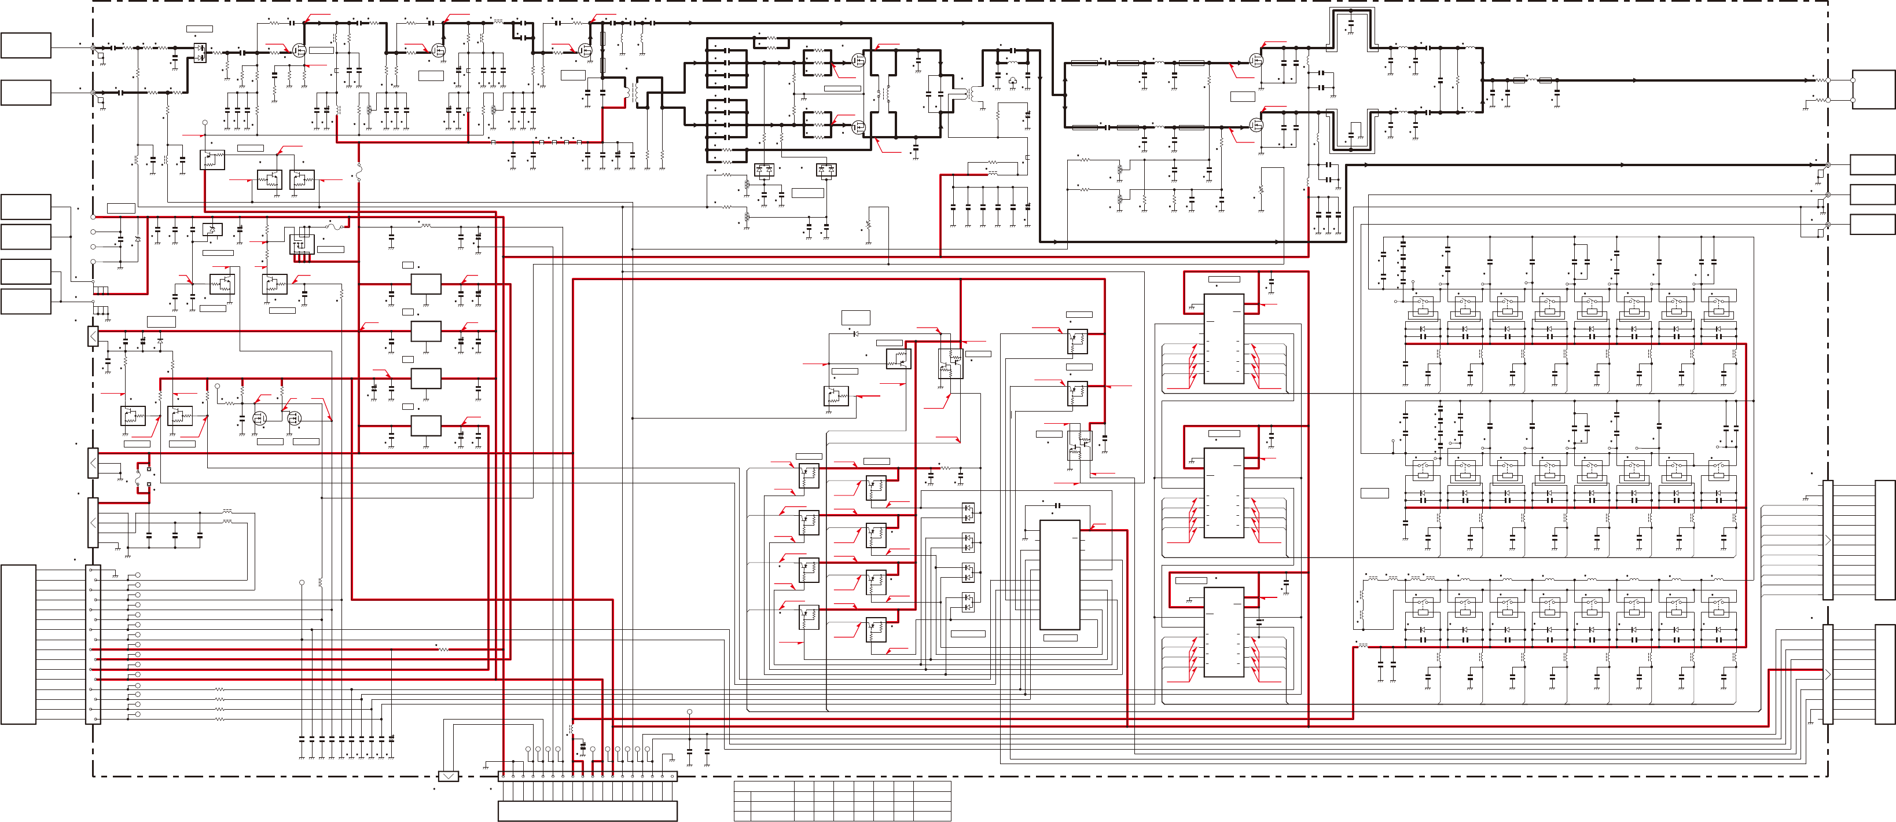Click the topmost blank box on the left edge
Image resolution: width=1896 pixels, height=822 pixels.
coord(26,45)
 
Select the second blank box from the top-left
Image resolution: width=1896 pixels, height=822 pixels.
coord(26,93)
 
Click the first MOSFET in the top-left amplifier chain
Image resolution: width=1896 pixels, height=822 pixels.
coord(299,50)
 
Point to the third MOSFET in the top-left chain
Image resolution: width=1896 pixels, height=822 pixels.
coord(585,50)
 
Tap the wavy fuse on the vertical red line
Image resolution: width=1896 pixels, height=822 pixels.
coord(358,173)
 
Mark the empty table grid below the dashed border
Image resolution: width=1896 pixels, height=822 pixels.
coord(842,801)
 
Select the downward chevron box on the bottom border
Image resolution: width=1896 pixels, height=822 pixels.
coord(448,776)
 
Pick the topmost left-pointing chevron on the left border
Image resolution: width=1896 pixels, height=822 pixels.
coord(93,336)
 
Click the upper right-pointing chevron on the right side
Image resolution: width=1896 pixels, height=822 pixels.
coord(1828,540)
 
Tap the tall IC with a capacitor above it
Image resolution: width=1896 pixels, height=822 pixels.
coord(1059,575)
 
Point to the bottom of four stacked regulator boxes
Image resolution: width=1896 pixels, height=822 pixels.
coord(425,425)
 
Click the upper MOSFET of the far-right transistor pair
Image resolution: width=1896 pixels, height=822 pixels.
coord(1257,60)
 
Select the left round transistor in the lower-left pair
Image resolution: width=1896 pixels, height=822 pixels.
coord(259,418)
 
